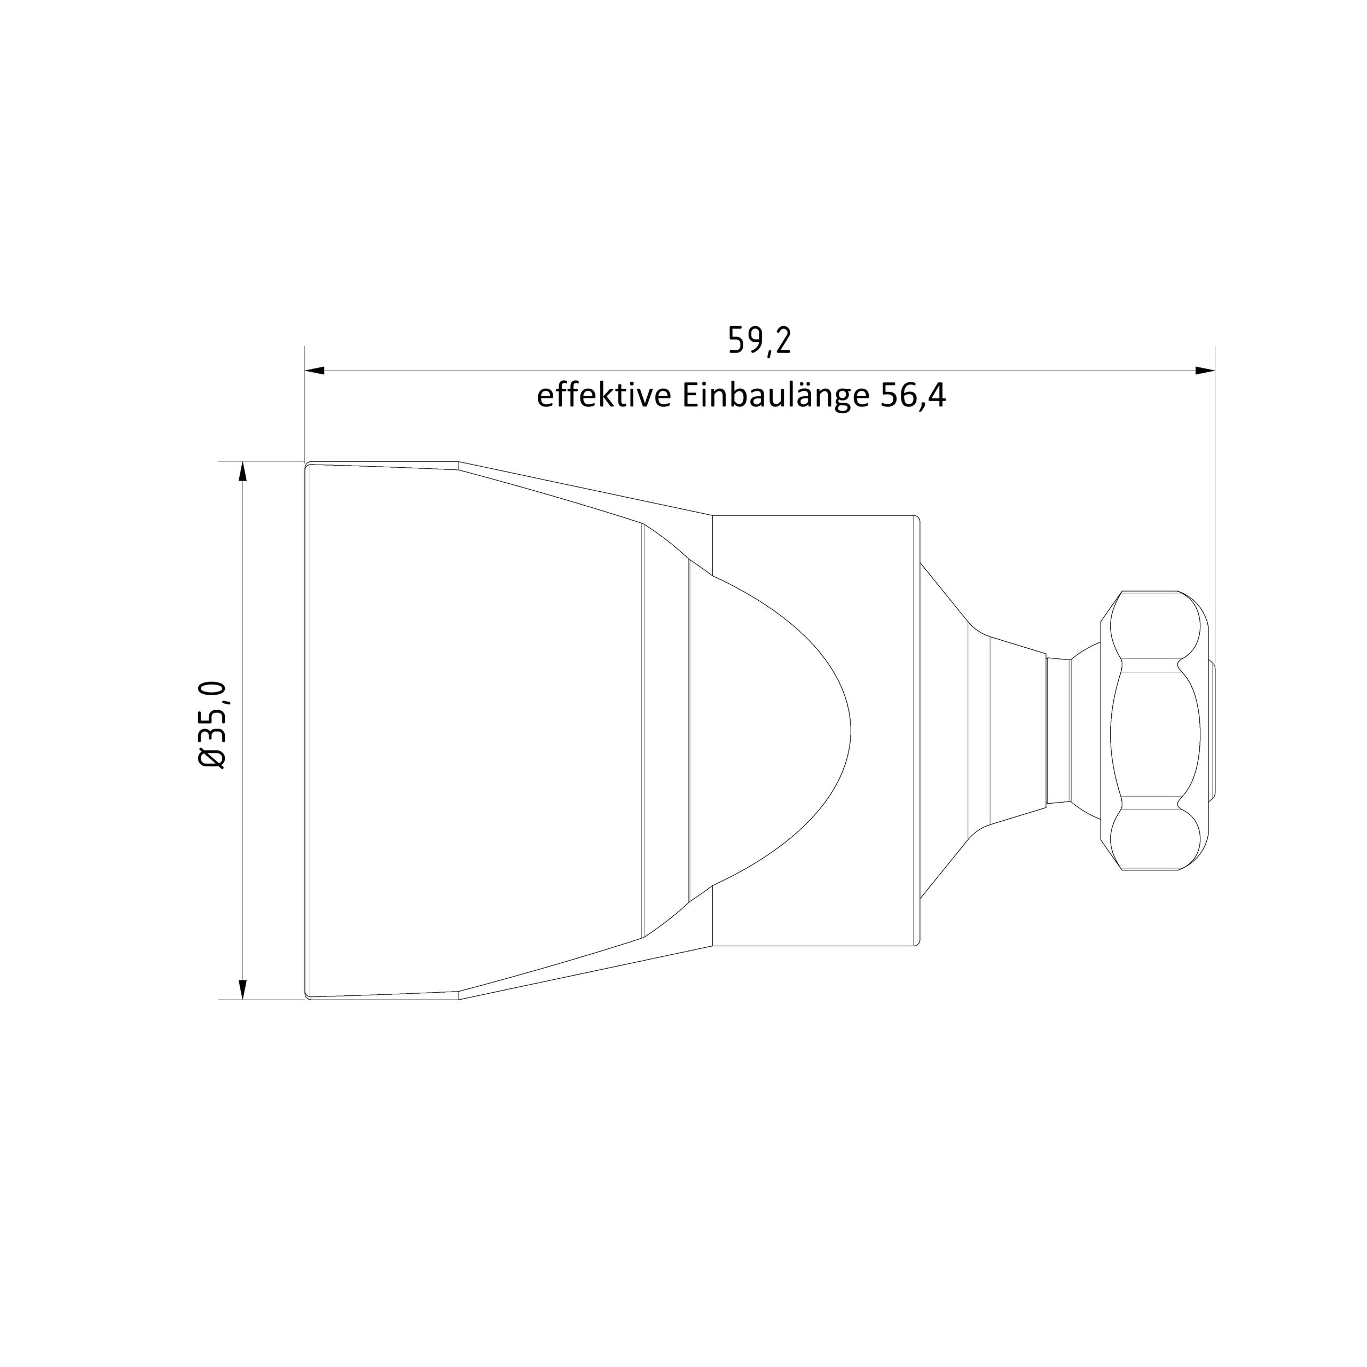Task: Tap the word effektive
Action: tap(603, 396)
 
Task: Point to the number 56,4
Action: tap(913, 397)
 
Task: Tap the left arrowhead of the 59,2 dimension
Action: tap(315, 370)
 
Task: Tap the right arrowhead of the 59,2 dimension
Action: tap(1204, 370)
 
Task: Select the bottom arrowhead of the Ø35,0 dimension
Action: tap(242, 989)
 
